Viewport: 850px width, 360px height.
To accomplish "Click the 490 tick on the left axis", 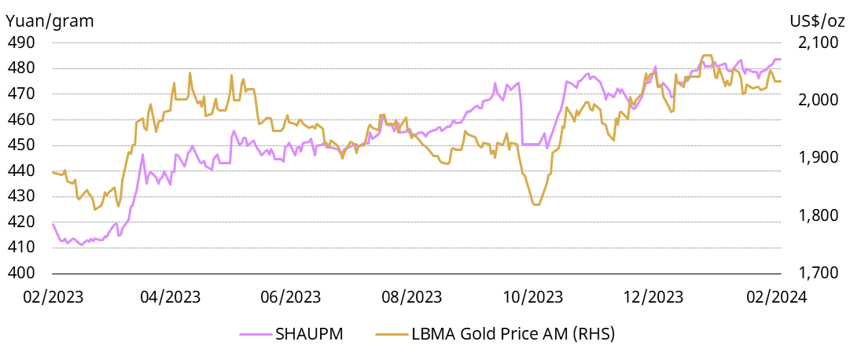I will tap(20, 42).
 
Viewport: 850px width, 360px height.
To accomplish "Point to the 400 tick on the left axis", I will tap(20, 273).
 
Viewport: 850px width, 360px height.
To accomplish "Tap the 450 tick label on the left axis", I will tap(20, 145).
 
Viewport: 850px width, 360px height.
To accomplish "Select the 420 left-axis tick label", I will tap(20, 222).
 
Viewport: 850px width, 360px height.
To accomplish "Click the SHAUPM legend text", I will tap(309, 333).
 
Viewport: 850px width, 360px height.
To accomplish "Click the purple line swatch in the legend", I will tap(256, 333).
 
